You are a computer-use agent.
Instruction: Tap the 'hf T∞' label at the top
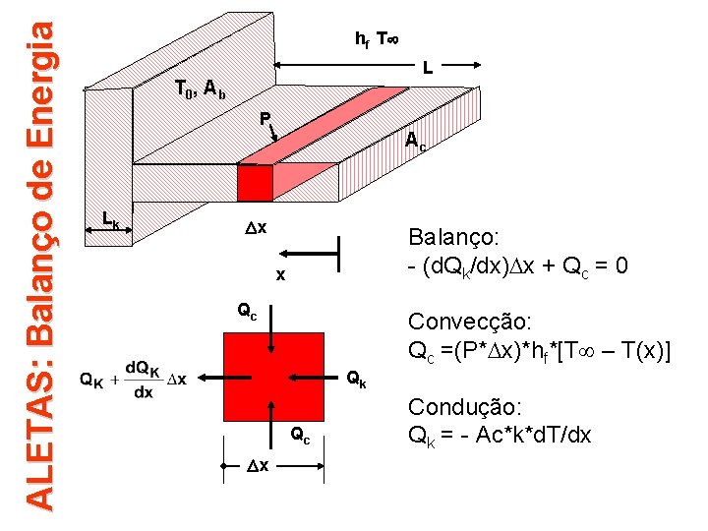click(x=377, y=39)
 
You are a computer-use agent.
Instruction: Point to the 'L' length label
click(x=428, y=70)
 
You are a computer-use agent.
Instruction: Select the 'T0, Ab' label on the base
click(x=200, y=89)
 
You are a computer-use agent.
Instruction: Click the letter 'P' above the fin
click(x=265, y=119)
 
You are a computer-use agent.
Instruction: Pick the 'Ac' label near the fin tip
click(x=416, y=142)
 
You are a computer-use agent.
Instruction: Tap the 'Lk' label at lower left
click(x=111, y=220)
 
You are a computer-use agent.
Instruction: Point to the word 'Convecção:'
click(x=470, y=323)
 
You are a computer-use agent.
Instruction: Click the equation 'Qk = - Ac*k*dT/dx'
click(x=500, y=435)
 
